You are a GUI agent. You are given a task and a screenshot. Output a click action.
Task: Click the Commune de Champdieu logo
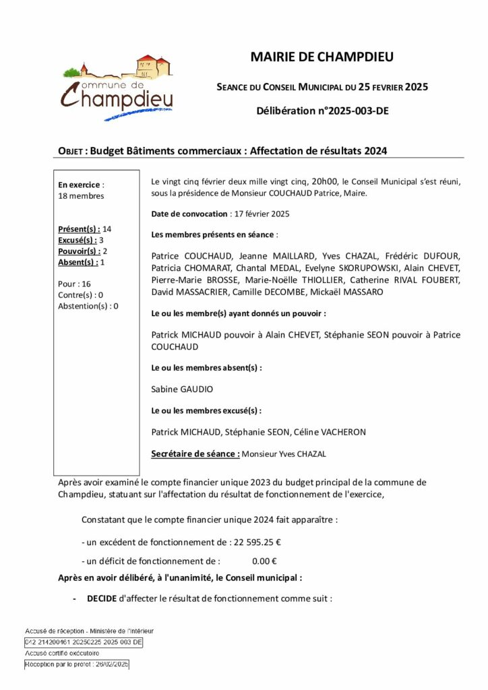[117, 88]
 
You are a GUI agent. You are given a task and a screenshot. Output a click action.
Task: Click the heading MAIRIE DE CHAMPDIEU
[322, 57]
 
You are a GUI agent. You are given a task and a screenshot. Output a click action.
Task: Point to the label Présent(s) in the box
[79, 229]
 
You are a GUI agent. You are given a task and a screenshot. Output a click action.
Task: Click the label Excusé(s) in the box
[78, 240]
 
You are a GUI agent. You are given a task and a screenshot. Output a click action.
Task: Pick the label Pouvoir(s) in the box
[78, 251]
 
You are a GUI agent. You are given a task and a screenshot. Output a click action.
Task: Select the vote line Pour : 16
[75, 284]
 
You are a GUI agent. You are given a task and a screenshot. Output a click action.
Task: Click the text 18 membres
[82, 196]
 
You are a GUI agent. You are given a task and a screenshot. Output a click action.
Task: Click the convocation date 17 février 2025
[260, 214]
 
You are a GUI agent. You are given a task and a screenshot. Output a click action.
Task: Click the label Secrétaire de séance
[195, 454]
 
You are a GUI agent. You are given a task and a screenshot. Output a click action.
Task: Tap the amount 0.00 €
[265, 561]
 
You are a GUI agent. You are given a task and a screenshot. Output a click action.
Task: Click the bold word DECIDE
[102, 598]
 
